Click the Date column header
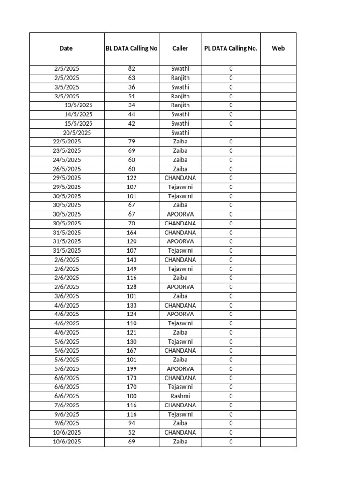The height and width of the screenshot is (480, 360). click(66, 48)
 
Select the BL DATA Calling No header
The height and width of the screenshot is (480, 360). click(131, 48)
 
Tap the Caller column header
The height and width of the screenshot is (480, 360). click(180, 48)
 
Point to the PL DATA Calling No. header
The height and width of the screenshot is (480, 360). click(231, 48)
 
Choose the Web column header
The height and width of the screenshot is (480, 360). click(278, 48)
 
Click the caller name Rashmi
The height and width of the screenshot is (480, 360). click(180, 396)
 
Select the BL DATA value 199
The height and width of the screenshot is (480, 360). click(131, 369)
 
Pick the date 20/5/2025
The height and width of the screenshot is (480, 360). click(77, 133)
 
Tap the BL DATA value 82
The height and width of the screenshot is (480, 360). click(131, 69)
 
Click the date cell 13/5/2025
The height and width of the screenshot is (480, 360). click(78, 105)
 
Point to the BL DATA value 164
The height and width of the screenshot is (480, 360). click(131, 232)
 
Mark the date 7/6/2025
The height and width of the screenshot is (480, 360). click(67, 405)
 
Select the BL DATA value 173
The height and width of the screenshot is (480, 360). click(131, 378)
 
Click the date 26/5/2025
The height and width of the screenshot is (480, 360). click(67, 169)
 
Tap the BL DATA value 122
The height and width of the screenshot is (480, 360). click(131, 178)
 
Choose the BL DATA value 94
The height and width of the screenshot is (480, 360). click(131, 423)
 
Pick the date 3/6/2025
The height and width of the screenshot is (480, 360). click(67, 296)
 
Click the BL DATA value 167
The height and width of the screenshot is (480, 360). click(131, 351)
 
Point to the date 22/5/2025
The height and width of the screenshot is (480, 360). click(67, 142)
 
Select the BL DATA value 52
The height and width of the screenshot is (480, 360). click(131, 432)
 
